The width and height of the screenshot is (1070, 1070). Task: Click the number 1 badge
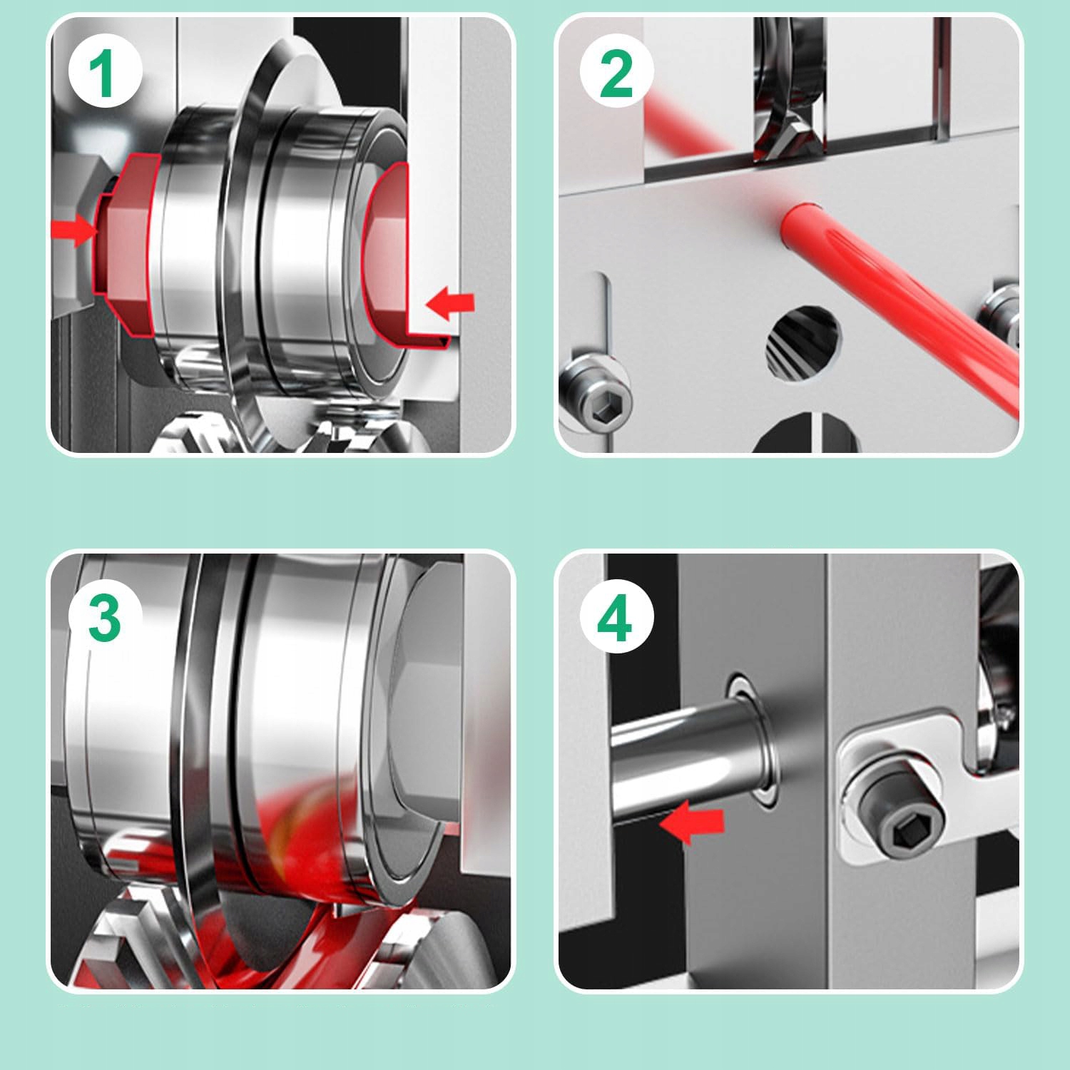pos(105,72)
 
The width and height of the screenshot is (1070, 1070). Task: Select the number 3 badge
pos(105,618)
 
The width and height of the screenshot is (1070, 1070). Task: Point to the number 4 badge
pos(616,618)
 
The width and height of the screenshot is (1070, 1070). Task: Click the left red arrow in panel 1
pos(74,230)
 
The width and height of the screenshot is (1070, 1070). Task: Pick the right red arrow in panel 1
pos(450,302)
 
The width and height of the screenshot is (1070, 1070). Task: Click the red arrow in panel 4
pos(691,822)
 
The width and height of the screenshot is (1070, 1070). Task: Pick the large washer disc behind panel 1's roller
pos(285,235)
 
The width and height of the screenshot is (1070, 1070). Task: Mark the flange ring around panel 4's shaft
pos(753,742)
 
